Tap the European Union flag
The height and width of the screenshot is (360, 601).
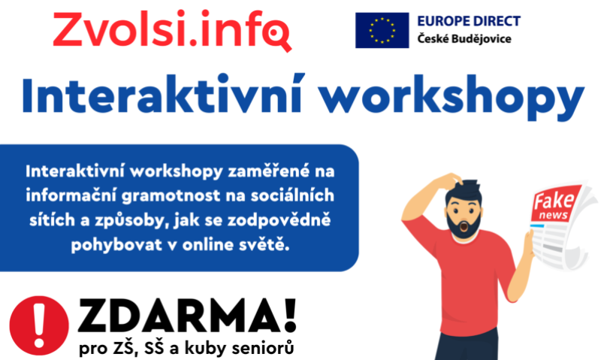point(382,30)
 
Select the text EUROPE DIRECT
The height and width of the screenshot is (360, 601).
point(469,21)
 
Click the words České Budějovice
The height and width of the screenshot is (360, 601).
point(464,39)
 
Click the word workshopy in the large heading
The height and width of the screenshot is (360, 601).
point(452,98)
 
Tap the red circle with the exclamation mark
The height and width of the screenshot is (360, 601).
point(39,325)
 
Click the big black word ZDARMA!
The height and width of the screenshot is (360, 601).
point(187,315)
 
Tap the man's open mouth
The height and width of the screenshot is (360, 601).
point(464,227)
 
